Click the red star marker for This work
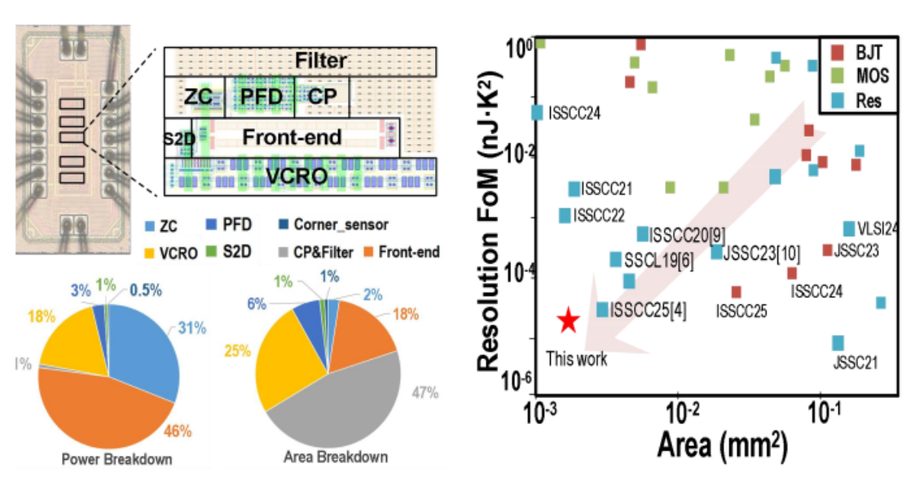[x=569, y=321]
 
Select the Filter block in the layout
[x=300, y=61]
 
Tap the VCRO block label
[x=296, y=176]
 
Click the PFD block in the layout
[x=259, y=97]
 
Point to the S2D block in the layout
[x=178, y=138]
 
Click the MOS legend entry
[x=859, y=76]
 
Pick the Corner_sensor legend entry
[x=333, y=225]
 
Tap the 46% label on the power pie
[x=178, y=431]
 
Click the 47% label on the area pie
[x=425, y=393]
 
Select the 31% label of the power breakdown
[x=192, y=328]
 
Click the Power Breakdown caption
[x=117, y=459]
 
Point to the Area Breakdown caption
[x=336, y=457]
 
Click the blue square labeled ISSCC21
[x=574, y=189]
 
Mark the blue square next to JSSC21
[x=838, y=343]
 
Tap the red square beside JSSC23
[x=827, y=250]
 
